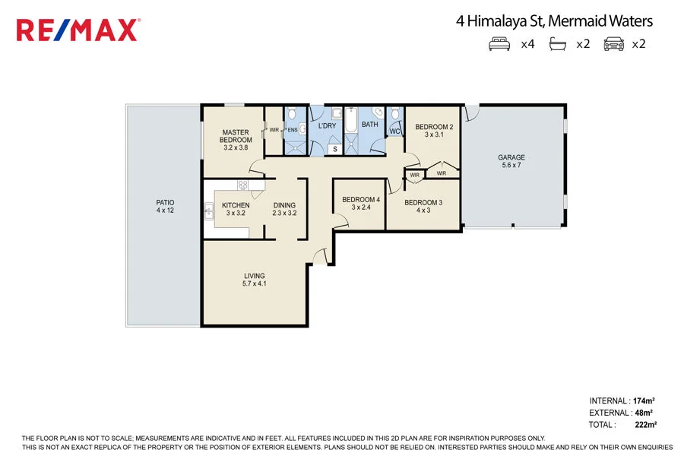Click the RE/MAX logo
pos(78,30)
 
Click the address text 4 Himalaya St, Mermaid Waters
pos(554,21)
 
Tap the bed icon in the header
pos(499,44)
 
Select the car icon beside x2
pos(613,44)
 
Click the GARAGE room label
pos(511,157)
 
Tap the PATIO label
pos(165,202)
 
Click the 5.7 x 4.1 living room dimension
pos(255,284)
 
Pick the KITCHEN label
pos(236,205)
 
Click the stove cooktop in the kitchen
pos(243,185)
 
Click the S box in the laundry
pos(335,149)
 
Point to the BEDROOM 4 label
pos(360,200)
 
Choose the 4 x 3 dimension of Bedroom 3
pos(423,211)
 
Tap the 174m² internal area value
pos(644,401)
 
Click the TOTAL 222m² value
pos(644,424)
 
